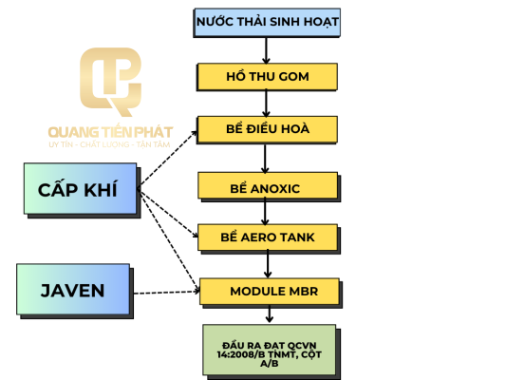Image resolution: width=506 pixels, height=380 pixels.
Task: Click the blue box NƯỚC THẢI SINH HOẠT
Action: [x=267, y=23]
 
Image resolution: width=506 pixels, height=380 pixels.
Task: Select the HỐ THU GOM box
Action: [x=267, y=77]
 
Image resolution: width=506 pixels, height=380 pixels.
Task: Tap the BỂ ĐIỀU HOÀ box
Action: [x=267, y=129]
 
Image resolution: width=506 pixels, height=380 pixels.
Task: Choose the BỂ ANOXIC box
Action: [x=269, y=186]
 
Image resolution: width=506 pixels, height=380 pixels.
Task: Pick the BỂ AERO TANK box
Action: [x=269, y=238]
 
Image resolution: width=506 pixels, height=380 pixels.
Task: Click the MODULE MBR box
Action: [x=271, y=293]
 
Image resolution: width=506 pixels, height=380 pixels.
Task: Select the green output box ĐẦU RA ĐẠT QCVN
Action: [x=272, y=351]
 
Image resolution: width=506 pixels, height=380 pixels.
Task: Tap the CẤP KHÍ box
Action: [x=82, y=190]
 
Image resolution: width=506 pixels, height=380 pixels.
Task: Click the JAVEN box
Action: [x=75, y=292]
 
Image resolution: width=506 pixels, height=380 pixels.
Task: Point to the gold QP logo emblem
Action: [x=110, y=82]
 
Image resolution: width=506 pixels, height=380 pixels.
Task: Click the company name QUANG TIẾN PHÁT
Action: [x=110, y=132]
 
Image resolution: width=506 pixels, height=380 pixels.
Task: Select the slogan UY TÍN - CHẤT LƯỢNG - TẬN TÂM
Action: [x=109, y=144]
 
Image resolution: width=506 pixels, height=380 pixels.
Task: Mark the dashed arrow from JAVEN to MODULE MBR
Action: [x=167, y=293]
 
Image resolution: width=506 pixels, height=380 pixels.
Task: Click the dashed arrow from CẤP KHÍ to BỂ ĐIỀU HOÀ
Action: [x=168, y=160]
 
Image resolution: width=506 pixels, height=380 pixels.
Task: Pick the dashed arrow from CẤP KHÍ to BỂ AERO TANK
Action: [x=168, y=213]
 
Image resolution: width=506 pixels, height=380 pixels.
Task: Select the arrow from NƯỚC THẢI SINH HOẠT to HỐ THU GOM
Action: [x=266, y=50]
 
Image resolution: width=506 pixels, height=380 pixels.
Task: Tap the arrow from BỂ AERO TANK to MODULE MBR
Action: [x=268, y=264]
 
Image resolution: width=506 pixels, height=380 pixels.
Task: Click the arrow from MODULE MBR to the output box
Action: [x=270, y=313]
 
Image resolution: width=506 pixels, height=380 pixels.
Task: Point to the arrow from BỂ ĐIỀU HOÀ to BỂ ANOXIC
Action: [x=265, y=159]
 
